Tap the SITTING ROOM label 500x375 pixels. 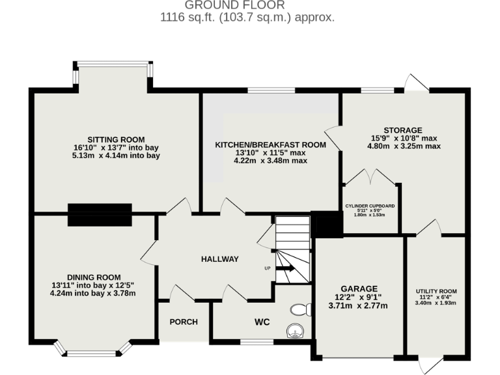pyautogui.click(x=116, y=139)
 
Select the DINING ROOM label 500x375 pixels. pyautogui.click(x=94, y=277)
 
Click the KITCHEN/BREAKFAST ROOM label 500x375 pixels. pyautogui.click(x=270, y=144)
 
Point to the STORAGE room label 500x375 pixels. pyautogui.click(x=404, y=130)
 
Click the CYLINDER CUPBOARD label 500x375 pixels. pyautogui.click(x=370, y=206)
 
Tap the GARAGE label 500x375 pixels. pyautogui.click(x=359, y=288)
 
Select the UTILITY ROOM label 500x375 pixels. pyautogui.click(x=436, y=291)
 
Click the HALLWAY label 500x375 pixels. pyautogui.click(x=219, y=259)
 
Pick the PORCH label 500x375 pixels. pyautogui.click(x=184, y=322)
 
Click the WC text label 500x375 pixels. pyautogui.click(x=262, y=322)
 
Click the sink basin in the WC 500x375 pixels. pyautogui.click(x=295, y=332)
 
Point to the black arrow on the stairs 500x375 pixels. pyautogui.click(x=286, y=264)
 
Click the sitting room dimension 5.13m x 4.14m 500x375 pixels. pyautogui.click(x=116, y=156)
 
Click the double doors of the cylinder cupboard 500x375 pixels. pyautogui.click(x=370, y=178)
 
